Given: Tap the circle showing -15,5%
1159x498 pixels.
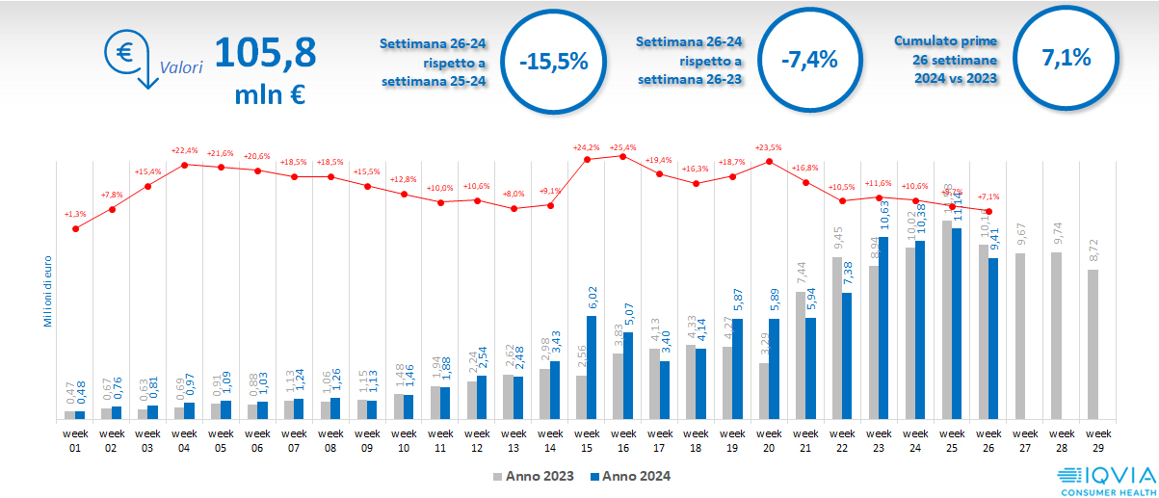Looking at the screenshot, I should coord(553,61).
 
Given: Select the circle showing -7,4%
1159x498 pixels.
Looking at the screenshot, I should coord(809,60).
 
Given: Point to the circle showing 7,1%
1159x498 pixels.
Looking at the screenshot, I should coord(1066,58).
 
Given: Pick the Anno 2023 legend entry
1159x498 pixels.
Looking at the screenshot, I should coord(534,476).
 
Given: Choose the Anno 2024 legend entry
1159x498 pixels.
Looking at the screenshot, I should coord(629,476).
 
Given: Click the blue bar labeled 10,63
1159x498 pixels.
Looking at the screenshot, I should coord(883,328).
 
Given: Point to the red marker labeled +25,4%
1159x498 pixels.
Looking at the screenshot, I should coord(622,156).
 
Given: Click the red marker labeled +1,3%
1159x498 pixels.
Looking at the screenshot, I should coord(75,228).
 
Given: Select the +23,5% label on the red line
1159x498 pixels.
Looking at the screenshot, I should coord(768,147).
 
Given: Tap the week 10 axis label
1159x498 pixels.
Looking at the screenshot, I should coord(404,440).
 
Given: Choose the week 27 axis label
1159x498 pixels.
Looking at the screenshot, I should coord(1025,440).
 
